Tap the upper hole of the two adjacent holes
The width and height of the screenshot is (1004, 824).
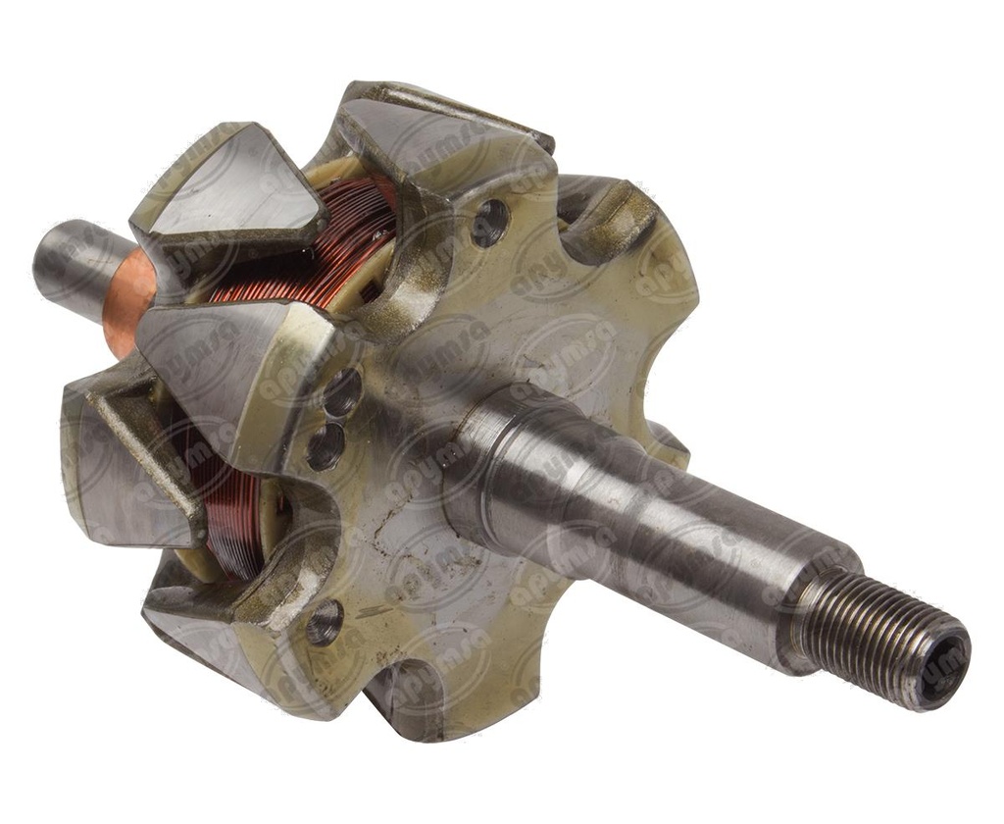[x=342, y=393]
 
